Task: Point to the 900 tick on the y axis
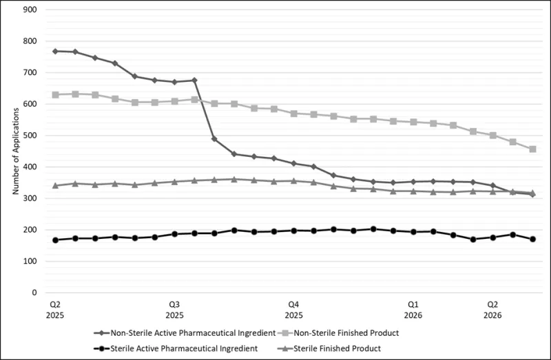pos(31,10)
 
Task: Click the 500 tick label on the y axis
pos(31,136)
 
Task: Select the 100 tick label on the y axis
pos(31,262)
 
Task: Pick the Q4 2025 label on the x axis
pos(293,309)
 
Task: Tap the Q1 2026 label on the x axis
pos(413,309)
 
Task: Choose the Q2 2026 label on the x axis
pos(492,309)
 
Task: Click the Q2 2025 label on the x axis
pos(55,309)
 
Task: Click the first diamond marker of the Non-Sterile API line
pos(55,51)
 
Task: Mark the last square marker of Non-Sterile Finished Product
pos(532,149)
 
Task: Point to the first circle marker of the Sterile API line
pos(55,240)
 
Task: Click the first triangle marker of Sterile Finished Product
pos(55,185)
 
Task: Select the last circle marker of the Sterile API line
pos(532,239)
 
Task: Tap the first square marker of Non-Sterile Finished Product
pos(55,94)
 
